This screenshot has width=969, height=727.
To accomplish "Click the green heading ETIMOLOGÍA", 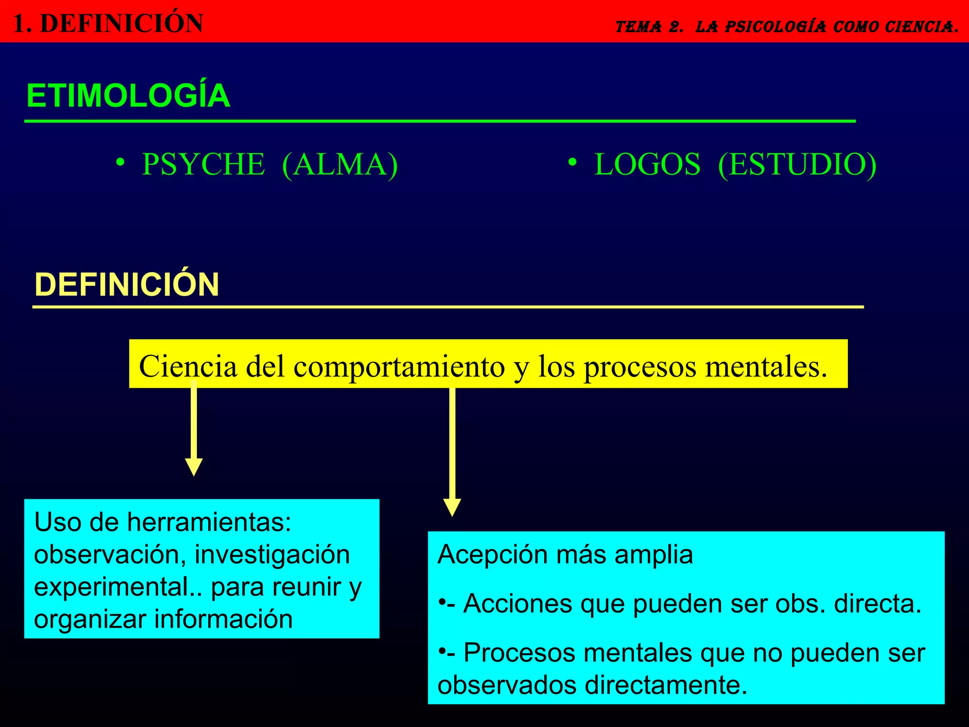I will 128,96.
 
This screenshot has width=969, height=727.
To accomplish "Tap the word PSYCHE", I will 203,165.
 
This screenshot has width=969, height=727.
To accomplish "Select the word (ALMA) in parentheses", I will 340,165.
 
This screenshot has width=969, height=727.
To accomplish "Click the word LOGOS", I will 647,165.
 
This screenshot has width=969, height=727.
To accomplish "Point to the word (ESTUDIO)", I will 797,165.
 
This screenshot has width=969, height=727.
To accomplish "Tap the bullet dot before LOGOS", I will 573,162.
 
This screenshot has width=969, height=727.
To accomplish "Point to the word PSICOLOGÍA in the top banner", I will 775,27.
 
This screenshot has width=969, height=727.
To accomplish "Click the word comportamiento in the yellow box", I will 399,366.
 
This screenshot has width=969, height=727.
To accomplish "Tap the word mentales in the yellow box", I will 766,366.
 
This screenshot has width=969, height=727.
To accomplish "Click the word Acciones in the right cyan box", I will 518,603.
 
